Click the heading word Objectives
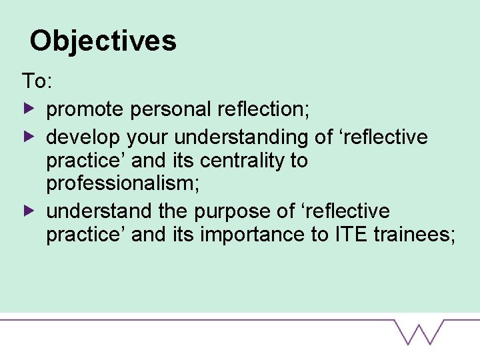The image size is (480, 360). click(103, 41)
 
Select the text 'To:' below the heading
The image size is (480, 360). click(37, 82)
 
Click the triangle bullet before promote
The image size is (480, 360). click(27, 107)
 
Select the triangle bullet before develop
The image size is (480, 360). click(27, 137)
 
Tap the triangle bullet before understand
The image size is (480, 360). click(27, 211)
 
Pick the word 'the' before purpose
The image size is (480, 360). click(175, 211)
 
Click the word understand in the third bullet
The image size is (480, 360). click(99, 211)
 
